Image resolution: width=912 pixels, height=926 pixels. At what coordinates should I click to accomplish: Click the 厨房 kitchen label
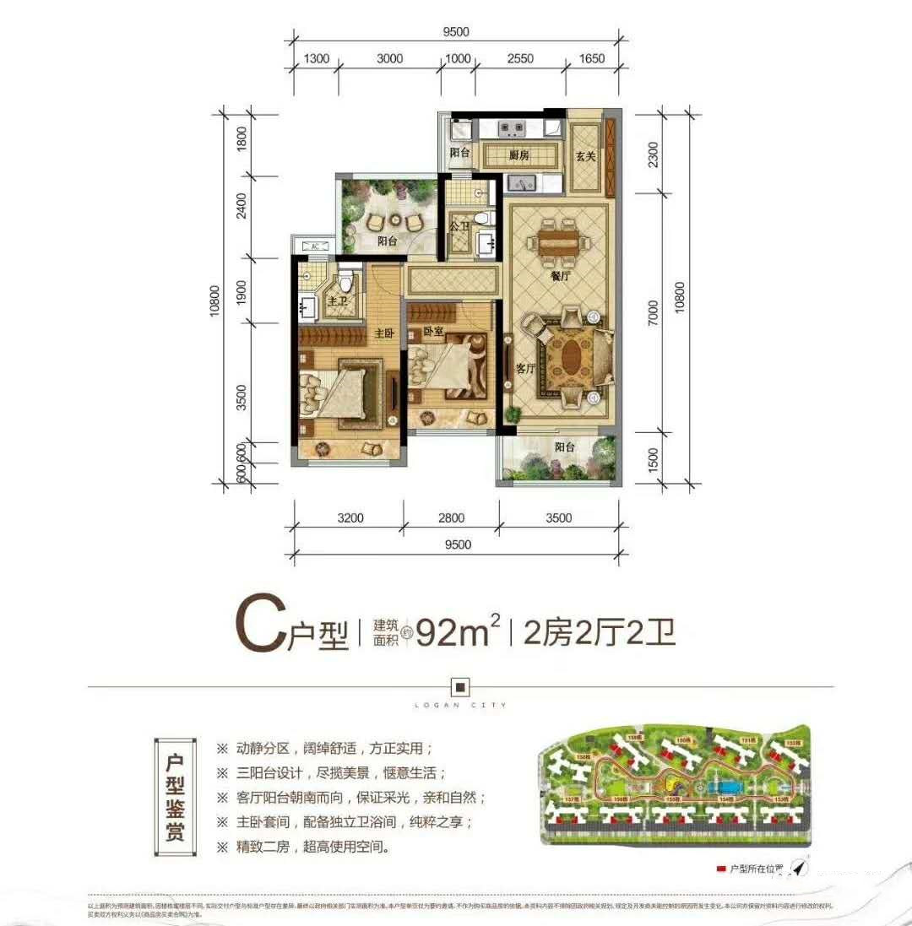(518, 155)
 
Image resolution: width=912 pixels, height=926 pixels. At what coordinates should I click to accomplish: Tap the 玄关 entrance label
(587, 155)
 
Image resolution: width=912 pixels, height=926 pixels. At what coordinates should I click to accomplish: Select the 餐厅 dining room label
(559, 276)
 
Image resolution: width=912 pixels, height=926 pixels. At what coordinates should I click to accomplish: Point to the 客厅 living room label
(527, 369)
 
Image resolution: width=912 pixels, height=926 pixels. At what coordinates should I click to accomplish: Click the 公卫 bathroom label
(459, 226)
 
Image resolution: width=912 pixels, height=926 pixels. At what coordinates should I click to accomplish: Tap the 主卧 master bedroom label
(385, 333)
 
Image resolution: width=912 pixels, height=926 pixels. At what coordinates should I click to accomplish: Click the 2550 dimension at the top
(521, 58)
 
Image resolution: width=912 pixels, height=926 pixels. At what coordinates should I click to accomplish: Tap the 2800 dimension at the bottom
(451, 518)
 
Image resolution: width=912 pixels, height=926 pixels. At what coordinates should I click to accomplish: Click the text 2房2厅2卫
(600, 631)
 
